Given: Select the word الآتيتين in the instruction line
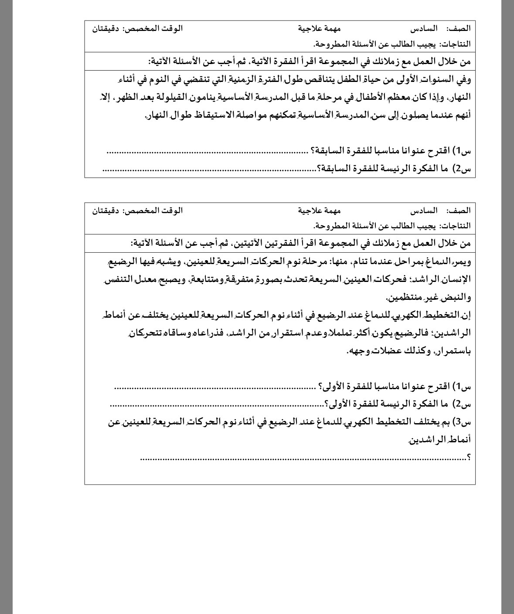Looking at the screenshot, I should [x=254, y=243].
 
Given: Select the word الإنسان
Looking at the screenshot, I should [x=458, y=279].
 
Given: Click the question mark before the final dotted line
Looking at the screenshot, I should [x=469, y=457].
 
